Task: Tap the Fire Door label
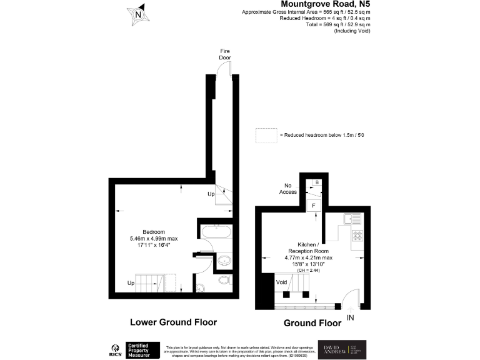[x=225, y=54]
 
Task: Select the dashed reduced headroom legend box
[x=266, y=135]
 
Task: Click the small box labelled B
[x=317, y=182]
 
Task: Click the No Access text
[x=287, y=189]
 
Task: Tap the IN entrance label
[x=351, y=318]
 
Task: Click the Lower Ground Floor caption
[x=173, y=322]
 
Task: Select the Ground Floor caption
[x=312, y=323]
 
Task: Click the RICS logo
[x=115, y=349]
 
